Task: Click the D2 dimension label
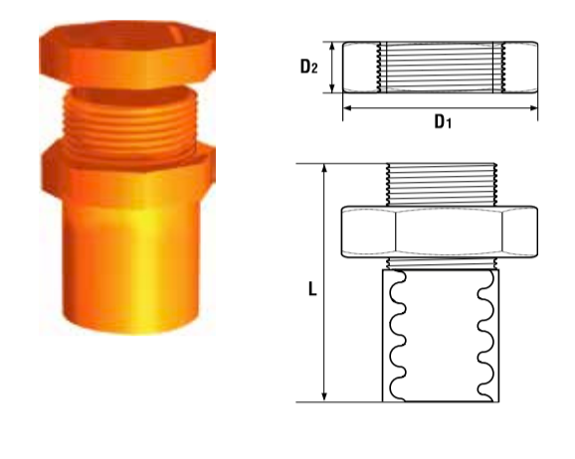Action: [x=308, y=67]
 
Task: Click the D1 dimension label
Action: [x=443, y=121]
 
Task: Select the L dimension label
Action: [x=312, y=289]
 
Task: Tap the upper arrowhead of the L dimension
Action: [x=323, y=168]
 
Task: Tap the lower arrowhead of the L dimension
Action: [x=323, y=397]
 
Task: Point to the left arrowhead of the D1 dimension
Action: [x=347, y=108]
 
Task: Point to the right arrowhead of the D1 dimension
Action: [x=533, y=108]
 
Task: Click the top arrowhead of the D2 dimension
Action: [x=332, y=47]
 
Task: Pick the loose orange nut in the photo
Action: [x=127, y=55]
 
